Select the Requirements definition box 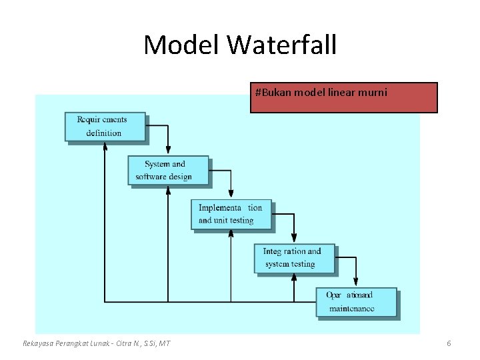(105, 126)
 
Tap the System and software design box (168, 170)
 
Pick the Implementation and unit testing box (231, 214)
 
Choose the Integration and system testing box (294, 258)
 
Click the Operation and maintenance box (356, 302)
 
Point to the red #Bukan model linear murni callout (343, 97)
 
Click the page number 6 (449, 343)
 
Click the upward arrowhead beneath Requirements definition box (105, 148)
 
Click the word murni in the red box (373, 92)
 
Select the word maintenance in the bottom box (351, 309)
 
